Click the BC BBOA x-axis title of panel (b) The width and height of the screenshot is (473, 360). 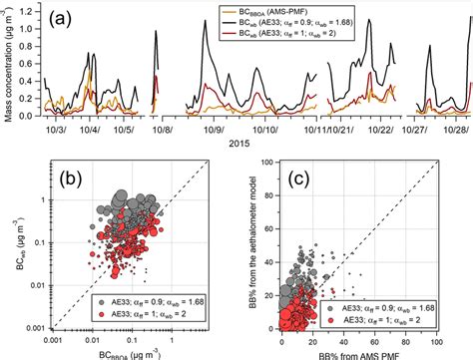[x=135, y=351]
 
